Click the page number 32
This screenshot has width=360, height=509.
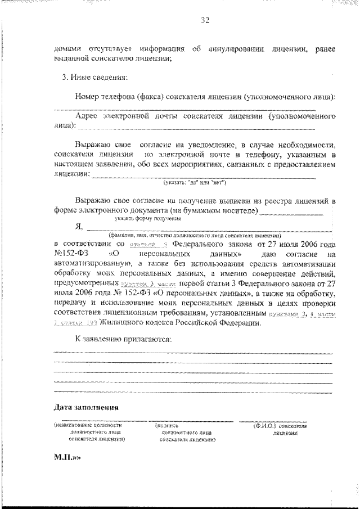205,21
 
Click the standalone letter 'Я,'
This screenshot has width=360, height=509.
79,227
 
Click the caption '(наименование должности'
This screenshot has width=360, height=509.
88,426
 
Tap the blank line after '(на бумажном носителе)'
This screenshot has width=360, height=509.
291,213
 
